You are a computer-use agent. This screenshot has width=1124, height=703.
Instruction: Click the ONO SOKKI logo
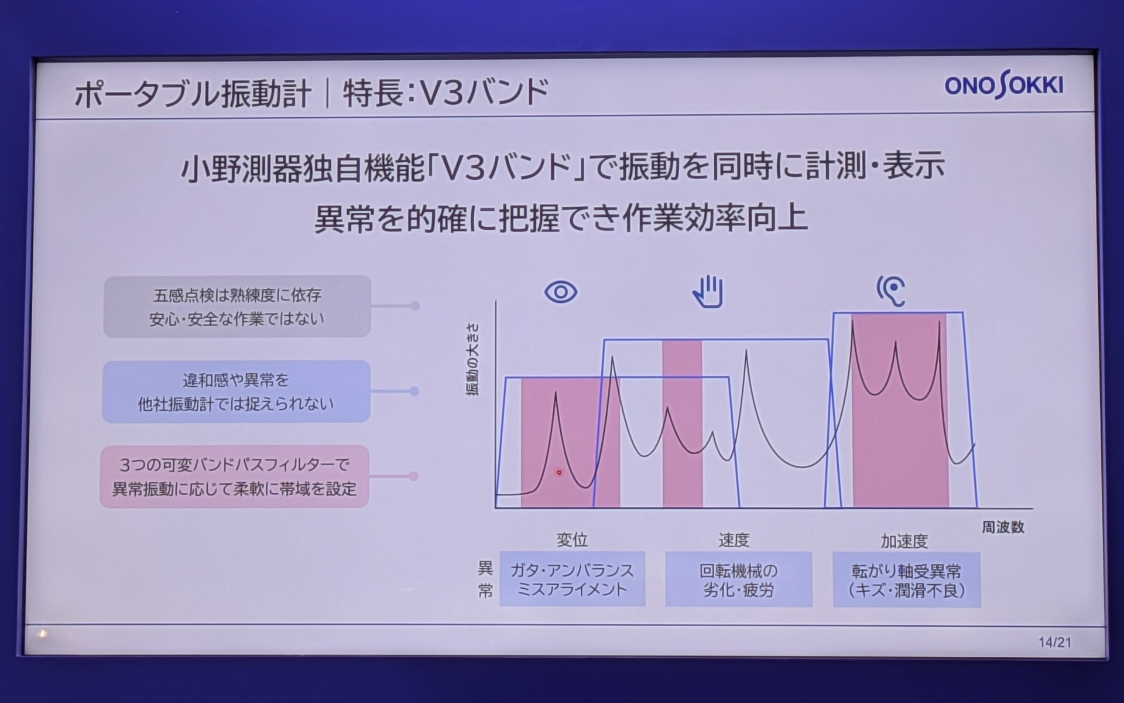click(x=1003, y=86)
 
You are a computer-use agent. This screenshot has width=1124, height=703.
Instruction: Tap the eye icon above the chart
click(x=560, y=292)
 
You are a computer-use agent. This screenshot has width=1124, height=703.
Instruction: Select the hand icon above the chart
click(x=708, y=291)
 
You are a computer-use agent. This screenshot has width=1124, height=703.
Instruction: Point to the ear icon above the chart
click(x=891, y=291)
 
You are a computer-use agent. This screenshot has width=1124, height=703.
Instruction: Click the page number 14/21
click(x=1054, y=642)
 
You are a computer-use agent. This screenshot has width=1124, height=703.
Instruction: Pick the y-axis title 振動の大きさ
click(x=472, y=359)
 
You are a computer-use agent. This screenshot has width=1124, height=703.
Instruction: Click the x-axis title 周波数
click(x=1003, y=527)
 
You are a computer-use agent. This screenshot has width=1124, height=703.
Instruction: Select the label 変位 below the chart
click(x=572, y=540)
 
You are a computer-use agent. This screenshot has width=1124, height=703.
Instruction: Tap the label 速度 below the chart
click(x=734, y=540)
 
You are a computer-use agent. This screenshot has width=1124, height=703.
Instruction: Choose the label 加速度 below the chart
click(x=904, y=541)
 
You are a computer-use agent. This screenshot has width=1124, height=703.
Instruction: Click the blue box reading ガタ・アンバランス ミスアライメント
click(x=572, y=579)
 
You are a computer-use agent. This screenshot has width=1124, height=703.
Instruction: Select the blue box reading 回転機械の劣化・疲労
click(x=738, y=579)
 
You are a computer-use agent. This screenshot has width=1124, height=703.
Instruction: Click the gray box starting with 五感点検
click(x=237, y=306)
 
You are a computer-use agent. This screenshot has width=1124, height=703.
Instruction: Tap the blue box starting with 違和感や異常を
click(x=236, y=391)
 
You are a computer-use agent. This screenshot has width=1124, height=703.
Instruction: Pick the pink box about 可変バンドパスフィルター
click(x=234, y=476)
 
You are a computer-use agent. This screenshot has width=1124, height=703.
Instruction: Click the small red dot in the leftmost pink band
click(x=558, y=472)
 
